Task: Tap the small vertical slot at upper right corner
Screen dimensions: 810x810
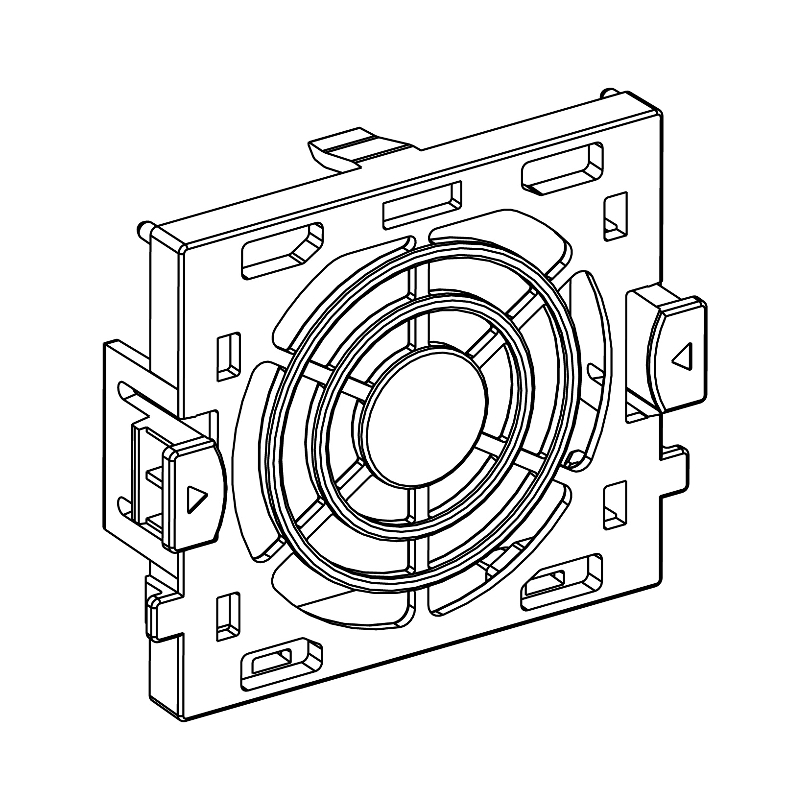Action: (615, 215)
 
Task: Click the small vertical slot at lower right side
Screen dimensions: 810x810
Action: (615, 504)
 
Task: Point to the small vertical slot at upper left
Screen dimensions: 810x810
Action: (229, 357)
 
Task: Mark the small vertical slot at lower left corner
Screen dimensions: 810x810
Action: (228, 617)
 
